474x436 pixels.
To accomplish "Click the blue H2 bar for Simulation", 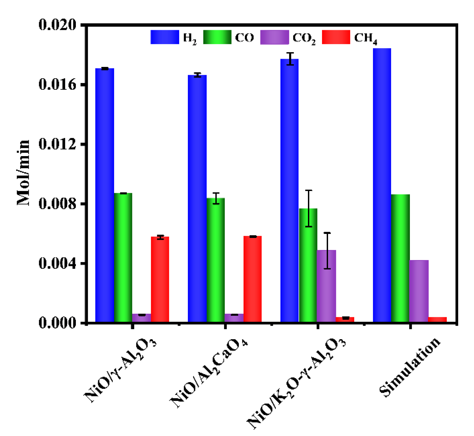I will click(x=382, y=185).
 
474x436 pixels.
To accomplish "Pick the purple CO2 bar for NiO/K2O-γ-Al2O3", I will click(x=326, y=286).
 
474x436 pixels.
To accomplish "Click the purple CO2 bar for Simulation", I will click(x=419, y=291).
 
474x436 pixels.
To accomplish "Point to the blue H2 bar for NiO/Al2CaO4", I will click(x=197, y=199).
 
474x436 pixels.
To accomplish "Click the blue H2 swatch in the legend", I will click(x=165, y=37).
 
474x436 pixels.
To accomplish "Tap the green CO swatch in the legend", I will click(x=217, y=37).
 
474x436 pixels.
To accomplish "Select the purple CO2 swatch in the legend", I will click(x=275, y=37).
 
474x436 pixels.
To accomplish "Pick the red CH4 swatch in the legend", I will click(x=336, y=37).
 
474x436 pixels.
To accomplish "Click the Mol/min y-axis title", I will click(x=23, y=173).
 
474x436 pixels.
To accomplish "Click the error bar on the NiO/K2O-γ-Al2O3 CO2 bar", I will click(x=327, y=251).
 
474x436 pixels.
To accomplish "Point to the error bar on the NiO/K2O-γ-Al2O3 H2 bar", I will click(x=290, y=59).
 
